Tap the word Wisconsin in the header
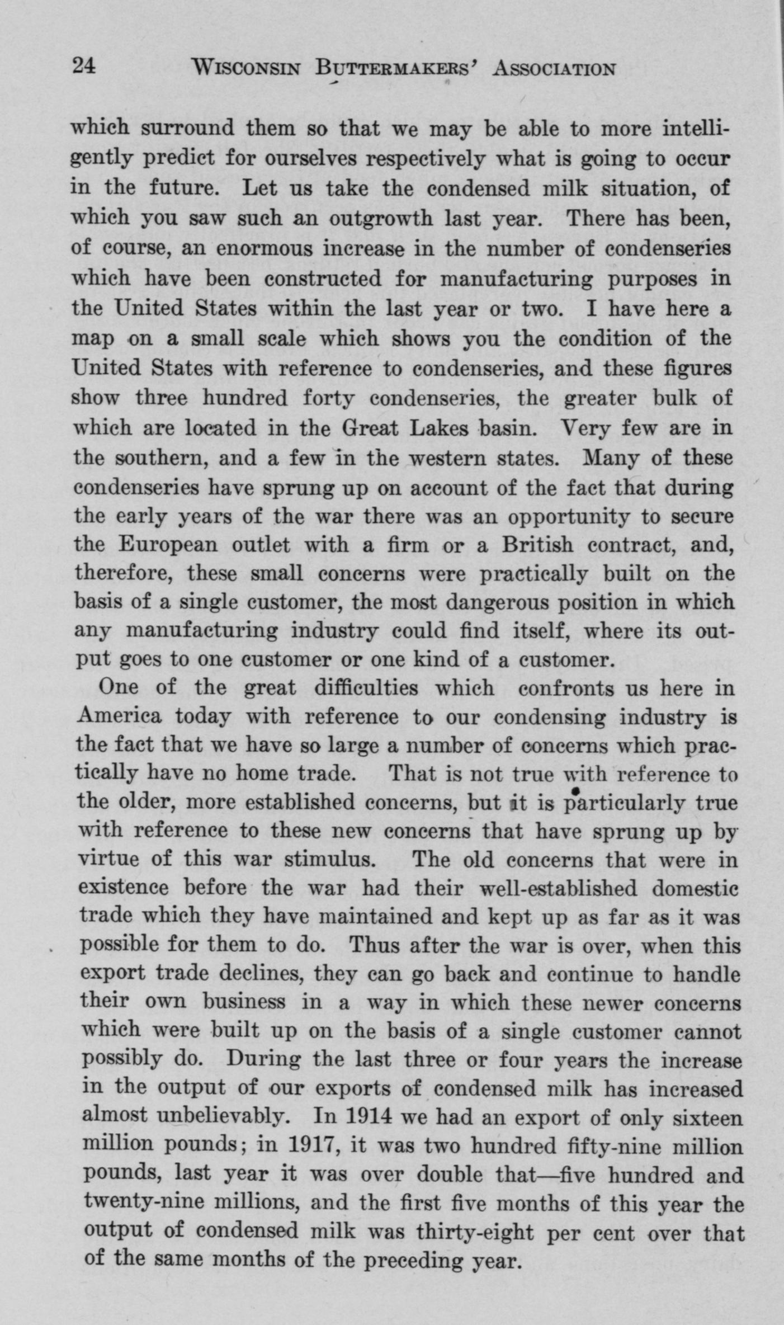246,69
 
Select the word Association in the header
554,69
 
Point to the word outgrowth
380,218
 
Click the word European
168,544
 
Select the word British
537,544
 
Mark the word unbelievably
223,1117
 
